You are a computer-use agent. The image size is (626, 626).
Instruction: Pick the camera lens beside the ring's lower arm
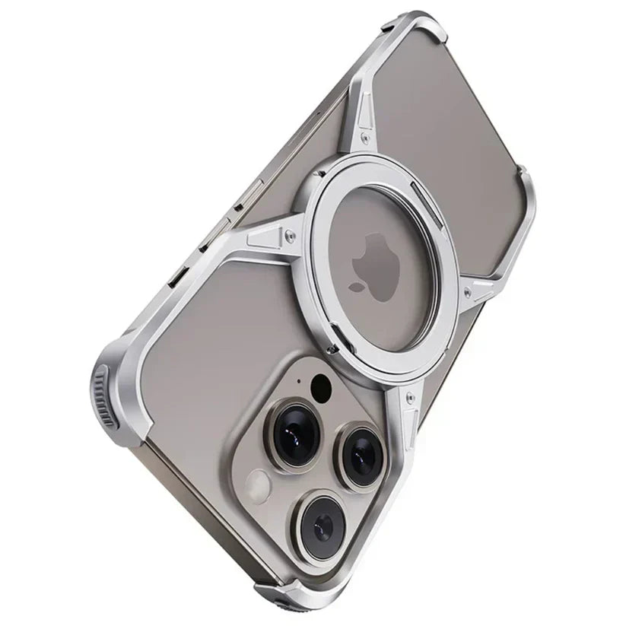coord(361,453)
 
